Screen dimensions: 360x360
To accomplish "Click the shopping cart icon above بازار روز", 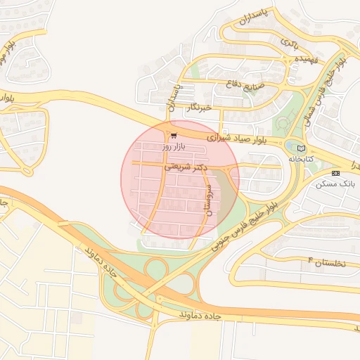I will [x=174, y=136].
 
